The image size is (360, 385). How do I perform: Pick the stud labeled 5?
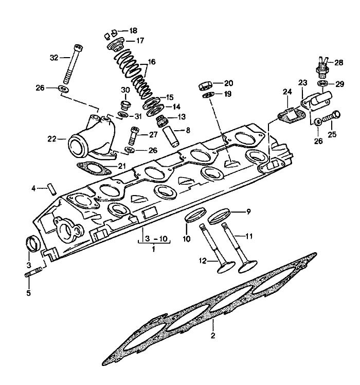tap(32, 272)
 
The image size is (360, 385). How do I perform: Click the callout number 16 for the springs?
tap(151, 62)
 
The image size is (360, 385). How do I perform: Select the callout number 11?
tap(249, 236)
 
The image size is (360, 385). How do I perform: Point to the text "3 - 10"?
tap(154, 239)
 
